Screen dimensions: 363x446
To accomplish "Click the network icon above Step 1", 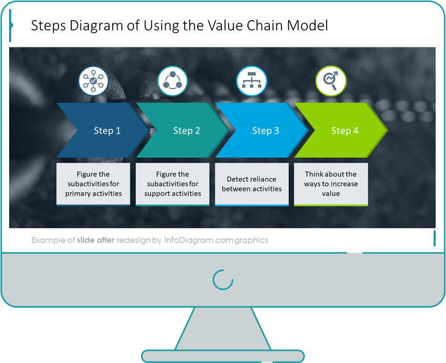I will tap(93, 81).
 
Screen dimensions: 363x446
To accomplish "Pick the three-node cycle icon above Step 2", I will tap(172, 81).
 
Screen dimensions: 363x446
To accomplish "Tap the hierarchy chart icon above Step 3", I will tap(251, 81).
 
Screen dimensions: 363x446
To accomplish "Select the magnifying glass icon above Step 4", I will tap(331, 81).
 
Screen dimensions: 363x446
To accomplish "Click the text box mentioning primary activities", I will tap(93, 184).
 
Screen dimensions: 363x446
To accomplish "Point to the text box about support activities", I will tap(172, 184).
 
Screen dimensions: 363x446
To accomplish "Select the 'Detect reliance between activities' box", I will tap(252, 184).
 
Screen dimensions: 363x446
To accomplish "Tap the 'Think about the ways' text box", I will tap(331, 184).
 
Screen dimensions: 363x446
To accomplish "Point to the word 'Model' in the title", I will tap(308, 26).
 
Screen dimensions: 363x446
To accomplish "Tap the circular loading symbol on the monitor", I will tap(223, 279).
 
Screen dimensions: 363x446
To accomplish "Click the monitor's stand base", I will tap(223, 355).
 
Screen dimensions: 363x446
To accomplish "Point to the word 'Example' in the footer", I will tap(48, 240).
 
